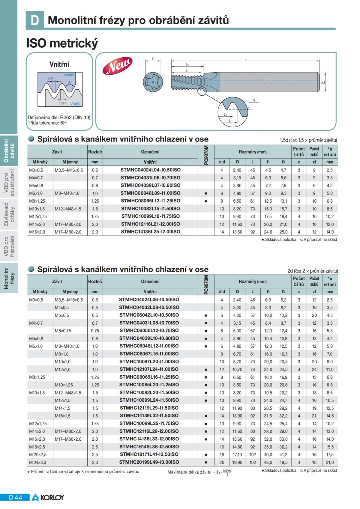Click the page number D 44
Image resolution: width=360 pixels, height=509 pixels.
click(x=15, y=497)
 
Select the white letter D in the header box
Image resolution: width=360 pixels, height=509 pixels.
click(x=35, y=20)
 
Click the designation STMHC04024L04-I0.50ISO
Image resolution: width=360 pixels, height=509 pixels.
click(x=150, y=170)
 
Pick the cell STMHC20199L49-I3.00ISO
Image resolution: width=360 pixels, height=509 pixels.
click(x=149, y=462)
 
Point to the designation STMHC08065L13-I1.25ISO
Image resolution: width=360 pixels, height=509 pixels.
click(x=150, y=201)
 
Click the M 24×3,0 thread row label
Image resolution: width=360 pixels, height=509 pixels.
click(x=37, y=462)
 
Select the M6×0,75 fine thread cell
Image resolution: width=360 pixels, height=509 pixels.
click(x=63, y=331)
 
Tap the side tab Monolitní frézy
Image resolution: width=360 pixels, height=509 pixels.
click(x=9, y=278)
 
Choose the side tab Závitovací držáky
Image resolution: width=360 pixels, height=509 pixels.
click(x=9, y=214)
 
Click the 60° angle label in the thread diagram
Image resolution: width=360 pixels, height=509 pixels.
click(x=70, y=82)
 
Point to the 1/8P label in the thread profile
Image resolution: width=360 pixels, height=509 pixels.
click(x=62, y=103)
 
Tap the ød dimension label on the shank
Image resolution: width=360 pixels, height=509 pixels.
click(x=322, y=82)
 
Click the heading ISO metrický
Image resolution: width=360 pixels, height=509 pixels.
click(x=62, y=43)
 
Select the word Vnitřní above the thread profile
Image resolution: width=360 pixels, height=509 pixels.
click(x=59, y=64)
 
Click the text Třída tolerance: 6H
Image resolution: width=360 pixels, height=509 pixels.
click(x=47, y=123)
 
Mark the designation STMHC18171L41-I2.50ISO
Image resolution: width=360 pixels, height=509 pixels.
click(x=149, y=454)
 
